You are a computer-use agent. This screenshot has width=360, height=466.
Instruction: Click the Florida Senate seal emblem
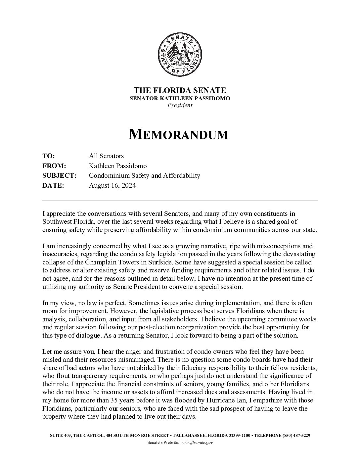point(180,55)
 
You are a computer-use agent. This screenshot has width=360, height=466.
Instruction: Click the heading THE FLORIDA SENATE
point(180,90)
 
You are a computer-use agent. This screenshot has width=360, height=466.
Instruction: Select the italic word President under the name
point(180,105)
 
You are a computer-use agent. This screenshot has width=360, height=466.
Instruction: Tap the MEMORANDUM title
point(178,134)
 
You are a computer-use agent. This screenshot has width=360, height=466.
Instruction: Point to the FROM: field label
point(54,166)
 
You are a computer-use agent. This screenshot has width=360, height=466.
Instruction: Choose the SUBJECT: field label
point(59,176)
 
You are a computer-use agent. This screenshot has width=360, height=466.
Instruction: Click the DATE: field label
point(53,186)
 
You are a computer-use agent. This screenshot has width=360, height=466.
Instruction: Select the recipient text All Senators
point(106,156)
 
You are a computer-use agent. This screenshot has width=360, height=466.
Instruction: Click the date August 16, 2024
point(112,186)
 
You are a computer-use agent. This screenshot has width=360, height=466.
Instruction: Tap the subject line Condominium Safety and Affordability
point(144,176)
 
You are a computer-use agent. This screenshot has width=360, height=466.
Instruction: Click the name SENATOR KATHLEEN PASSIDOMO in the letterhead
point(180,98)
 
